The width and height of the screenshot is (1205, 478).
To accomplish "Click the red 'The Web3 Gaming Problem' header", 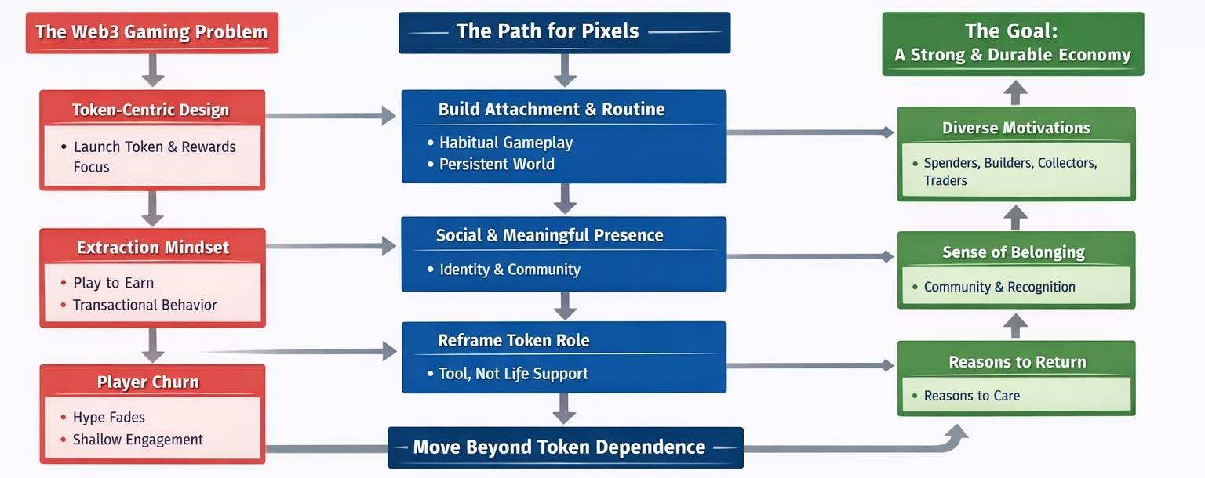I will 152,32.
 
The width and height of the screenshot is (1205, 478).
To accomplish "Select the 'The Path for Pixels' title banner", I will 564,31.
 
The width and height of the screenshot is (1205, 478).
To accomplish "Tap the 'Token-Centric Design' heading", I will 151,110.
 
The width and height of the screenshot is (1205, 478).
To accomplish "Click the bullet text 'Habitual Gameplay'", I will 506,143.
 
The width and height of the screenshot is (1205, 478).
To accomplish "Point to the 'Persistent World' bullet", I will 497,164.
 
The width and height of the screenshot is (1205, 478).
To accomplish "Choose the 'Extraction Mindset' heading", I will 153,248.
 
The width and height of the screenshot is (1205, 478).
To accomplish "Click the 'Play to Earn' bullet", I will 113,283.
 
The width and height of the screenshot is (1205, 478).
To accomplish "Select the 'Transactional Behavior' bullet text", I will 144,305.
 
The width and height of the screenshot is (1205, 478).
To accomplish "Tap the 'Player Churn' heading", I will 148,382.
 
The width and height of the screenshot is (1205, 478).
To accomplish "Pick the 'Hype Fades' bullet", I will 109,418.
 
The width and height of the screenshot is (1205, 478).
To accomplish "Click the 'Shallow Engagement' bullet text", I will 138,440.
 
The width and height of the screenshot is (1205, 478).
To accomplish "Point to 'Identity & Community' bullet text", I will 510,270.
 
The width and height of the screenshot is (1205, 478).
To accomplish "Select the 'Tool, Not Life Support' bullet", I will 513,374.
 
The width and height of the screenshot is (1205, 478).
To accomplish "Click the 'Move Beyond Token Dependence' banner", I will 559,447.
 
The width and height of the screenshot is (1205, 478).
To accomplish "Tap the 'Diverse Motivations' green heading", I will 1017,128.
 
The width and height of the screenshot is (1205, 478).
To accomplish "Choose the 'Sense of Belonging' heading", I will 1014,252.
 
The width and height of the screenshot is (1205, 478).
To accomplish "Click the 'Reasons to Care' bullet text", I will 972,396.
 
